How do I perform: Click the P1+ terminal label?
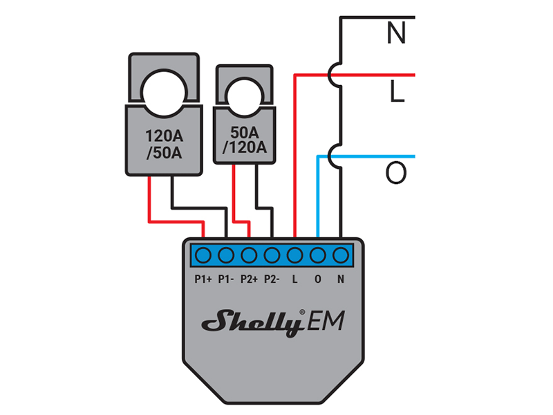pos(203,279)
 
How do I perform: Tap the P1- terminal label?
pos(225,279)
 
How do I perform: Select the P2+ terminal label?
pos(249,279)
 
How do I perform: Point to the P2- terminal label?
pos(272,279)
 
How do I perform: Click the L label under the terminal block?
pos(295,279)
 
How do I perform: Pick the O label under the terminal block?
pos(317,279)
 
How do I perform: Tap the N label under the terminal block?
pos(340,279)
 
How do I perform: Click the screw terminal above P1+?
pos(203,256)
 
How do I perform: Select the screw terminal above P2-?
pos(272,256)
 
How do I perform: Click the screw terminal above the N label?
pos(340,256)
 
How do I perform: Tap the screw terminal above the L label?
pos(295,256)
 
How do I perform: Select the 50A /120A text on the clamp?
pos(245,139)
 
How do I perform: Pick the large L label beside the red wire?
pos(396,93)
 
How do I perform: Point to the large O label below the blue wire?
pos(396,174)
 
